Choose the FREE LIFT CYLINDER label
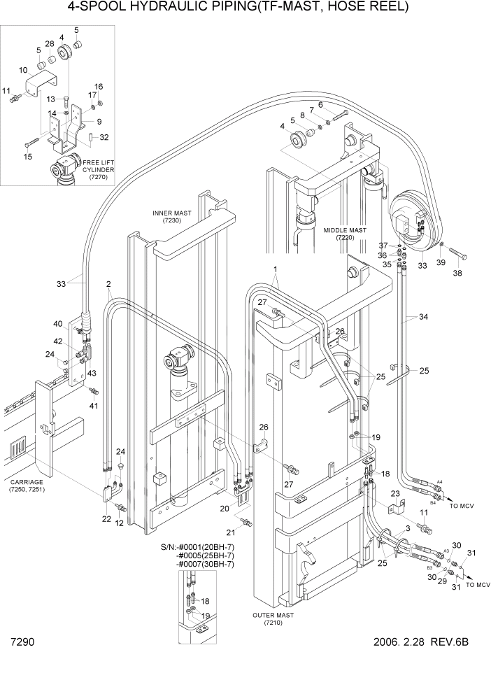(98, 170)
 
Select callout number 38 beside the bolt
(458, 274)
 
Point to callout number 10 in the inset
(23, 70)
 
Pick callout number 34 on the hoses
(423, 318)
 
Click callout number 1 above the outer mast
(276, 269)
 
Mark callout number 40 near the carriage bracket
(58, 323)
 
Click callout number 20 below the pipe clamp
(224, 508)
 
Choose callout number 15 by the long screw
(28, 157)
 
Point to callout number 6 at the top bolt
(320, 105)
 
